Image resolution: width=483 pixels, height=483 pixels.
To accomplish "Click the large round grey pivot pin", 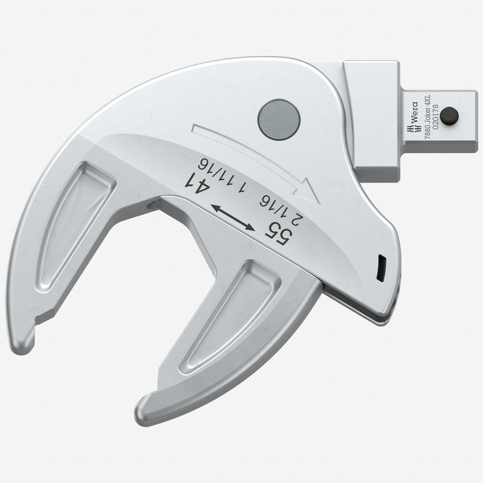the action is pyautogui.click(x=279, y=119).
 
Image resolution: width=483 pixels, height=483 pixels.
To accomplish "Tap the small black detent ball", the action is pyautogui.click(x=449, y=116).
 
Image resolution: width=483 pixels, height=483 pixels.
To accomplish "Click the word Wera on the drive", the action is pyautogui.click(x=415, y=112).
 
